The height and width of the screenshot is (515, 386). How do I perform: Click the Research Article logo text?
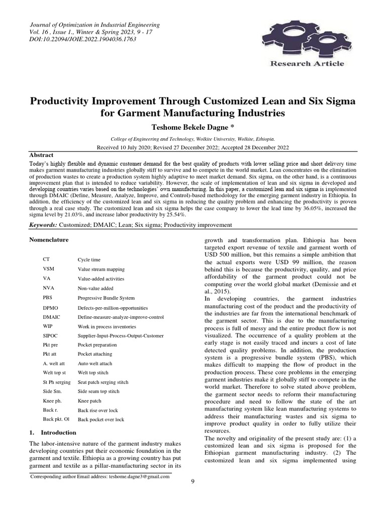click(308, 63)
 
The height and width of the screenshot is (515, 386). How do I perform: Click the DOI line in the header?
click(80, 39)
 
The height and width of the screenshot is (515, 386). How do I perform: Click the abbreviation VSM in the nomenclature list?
click(49, 269)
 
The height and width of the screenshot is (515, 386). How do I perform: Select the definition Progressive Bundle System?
click(106, 297)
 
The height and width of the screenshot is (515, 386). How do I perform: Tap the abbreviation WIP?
click(48, 325)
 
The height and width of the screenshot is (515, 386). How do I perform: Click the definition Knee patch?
click(89, 400)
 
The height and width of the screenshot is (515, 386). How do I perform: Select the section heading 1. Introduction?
click(53, 433)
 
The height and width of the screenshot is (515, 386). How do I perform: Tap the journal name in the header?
click(95, 25)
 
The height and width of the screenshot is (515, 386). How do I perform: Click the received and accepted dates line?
click(192, 147)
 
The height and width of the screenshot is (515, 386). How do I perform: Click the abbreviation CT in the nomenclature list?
click(47, 260)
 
